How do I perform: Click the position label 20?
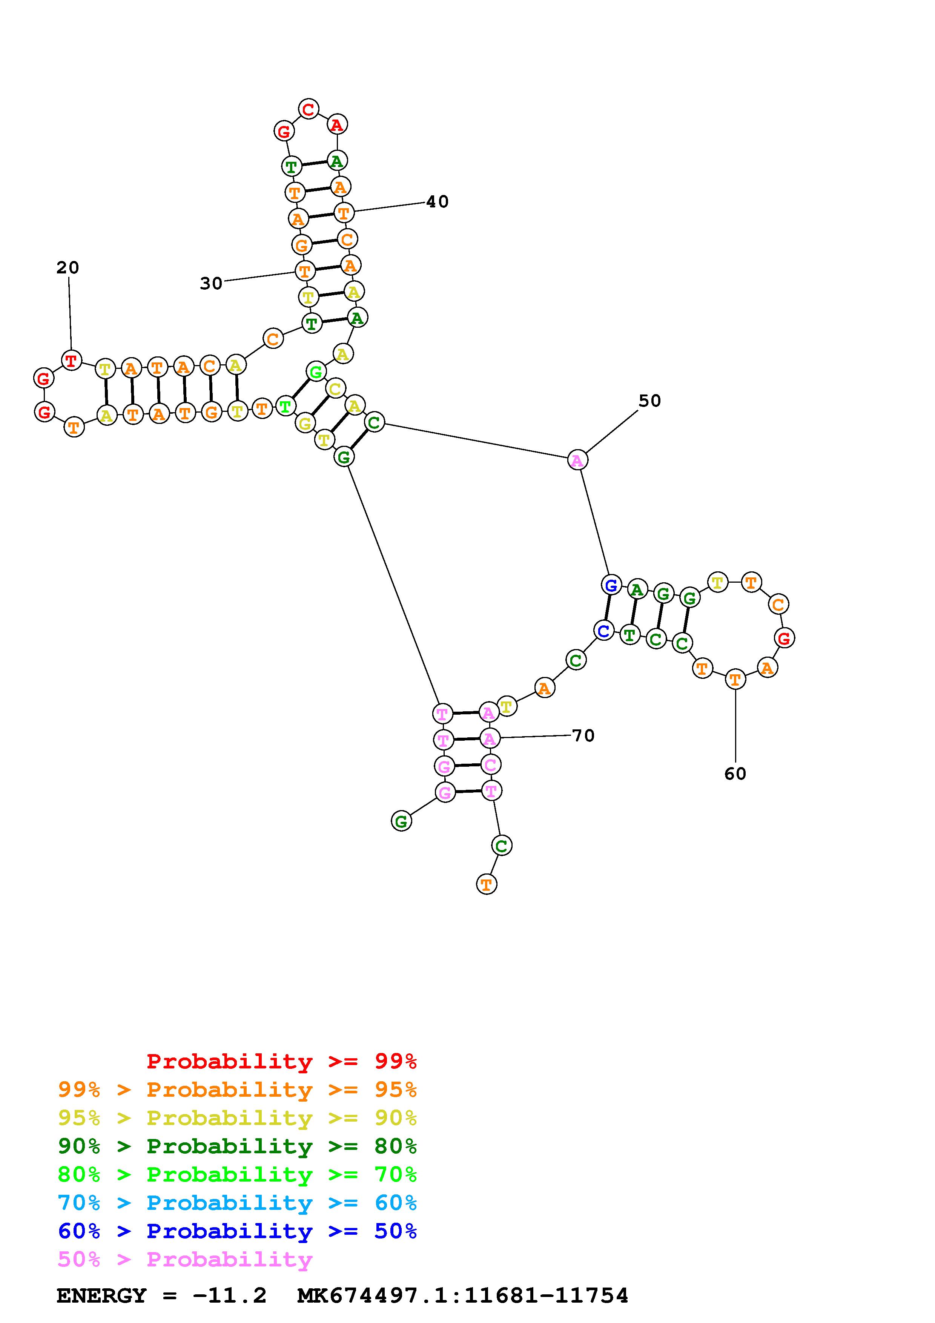click(68, 267)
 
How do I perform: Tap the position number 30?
click(211, 284)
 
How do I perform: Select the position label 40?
click(437, 202)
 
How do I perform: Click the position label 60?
click(735, 774)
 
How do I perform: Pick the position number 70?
click(583, 735)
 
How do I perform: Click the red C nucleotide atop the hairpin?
click(309, 109)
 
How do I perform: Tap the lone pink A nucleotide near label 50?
click(577, 460)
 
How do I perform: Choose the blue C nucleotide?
click(603, 631)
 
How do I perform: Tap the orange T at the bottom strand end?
click(487, 884)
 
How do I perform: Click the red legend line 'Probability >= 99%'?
click(282, 1061)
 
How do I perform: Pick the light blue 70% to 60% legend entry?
click(237, 1203)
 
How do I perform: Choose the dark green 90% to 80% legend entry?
click(237, 1146)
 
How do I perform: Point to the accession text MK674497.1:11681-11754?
click(463, 1295)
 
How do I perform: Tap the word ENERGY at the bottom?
click(102, 1295)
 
